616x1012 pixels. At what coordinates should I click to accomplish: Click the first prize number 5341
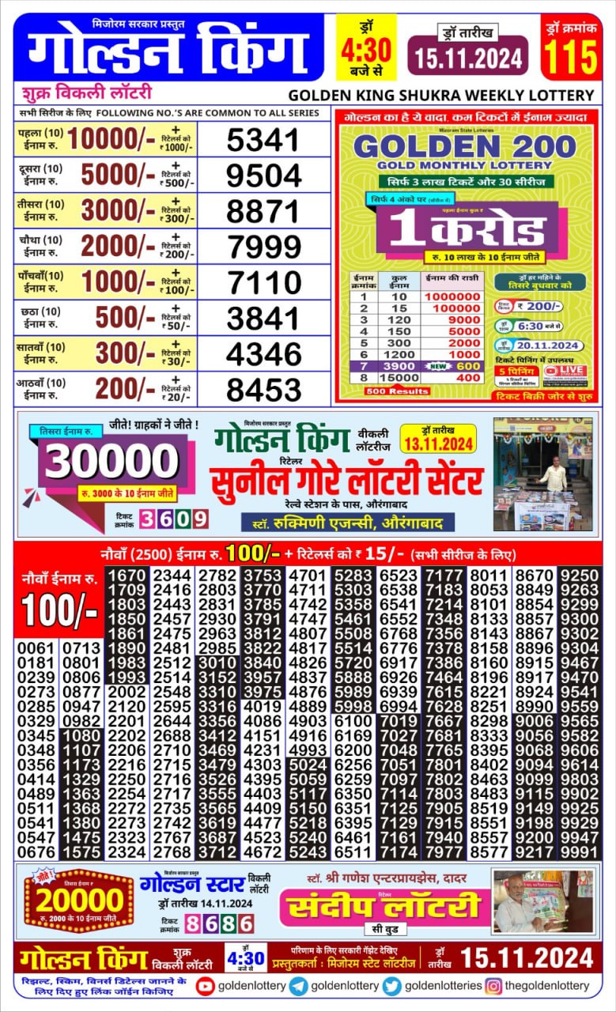(x=263, y=141)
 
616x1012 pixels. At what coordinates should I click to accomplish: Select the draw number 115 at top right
(x=569, y=57)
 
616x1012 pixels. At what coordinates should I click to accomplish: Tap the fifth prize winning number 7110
(x=263, y=282)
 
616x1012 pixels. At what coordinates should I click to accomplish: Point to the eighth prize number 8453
(x=263, y=389)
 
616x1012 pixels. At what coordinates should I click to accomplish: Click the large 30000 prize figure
(x=112, y=463)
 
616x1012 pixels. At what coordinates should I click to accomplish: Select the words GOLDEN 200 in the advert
(x=465, y=146)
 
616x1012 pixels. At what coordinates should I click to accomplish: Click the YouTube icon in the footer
(x=206, y=985)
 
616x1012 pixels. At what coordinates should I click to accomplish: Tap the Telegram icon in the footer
(x=299, y=985)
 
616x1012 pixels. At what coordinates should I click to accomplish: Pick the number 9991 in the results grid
(x=580, y=852)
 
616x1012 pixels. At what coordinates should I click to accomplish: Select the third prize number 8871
(x=263, y=211)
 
